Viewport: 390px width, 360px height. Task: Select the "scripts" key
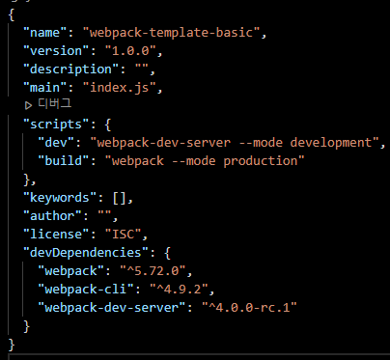56,124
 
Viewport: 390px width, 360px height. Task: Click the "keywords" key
60,197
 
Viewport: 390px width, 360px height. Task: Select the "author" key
52,215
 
